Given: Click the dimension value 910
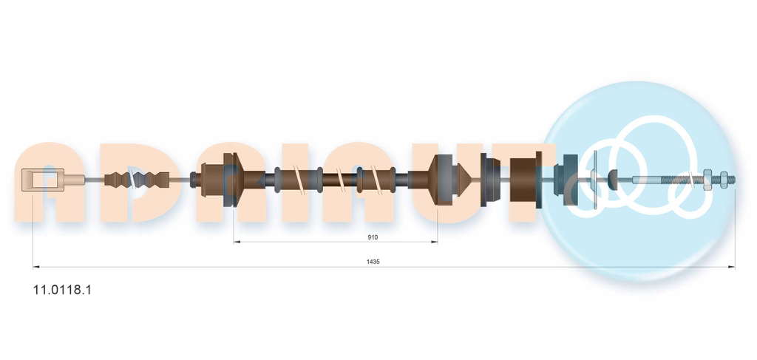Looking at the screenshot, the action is point(373,237).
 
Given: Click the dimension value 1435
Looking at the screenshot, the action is point(373,262).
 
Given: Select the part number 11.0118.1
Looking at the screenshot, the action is point(62,290).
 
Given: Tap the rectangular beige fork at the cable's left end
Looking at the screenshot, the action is point(43,180).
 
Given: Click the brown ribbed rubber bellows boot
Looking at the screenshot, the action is point(137,180).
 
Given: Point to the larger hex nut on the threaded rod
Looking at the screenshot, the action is point(707,180).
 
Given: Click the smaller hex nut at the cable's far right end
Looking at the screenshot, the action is point(723,180).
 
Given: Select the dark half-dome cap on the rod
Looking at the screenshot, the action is point(613,180).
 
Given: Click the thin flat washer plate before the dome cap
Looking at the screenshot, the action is point(594,180).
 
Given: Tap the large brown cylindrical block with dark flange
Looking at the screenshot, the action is point(526,180).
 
